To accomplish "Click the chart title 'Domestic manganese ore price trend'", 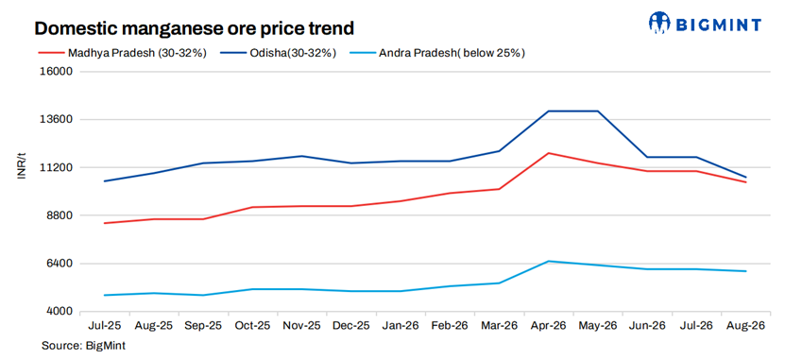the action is pos(194,28).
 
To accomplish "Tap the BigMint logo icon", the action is pos(659,23).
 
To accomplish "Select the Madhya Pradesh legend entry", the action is pos(123,53).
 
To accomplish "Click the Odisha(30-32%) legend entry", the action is pos(278,53).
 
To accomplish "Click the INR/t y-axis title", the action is pos(22,166).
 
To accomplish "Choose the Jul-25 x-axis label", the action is pos(104,325).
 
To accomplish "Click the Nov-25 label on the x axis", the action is pos(301,325).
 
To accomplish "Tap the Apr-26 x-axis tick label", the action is pos(549,325).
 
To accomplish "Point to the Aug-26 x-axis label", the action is pos(746,325).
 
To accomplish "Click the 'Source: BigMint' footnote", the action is pos(83,346).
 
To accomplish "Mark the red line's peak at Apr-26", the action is pos(549,153).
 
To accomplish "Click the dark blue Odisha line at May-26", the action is pos(598,111).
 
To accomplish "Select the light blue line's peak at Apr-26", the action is pos(549,261).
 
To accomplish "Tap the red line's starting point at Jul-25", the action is pos(104,223).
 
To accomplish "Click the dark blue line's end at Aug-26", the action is pos(746,177).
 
